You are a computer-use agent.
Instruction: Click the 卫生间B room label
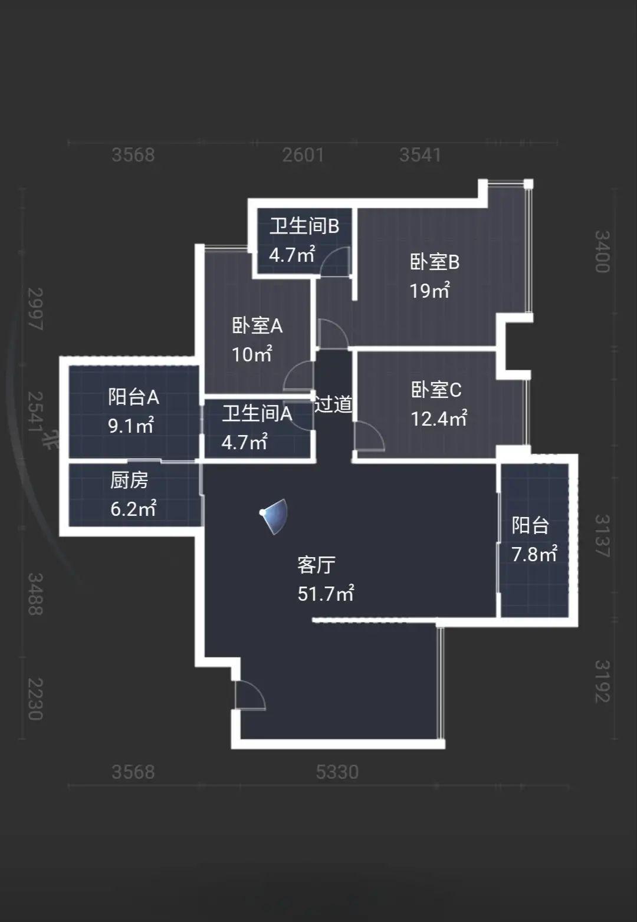coord(304,226)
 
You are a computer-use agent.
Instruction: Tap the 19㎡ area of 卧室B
coord(430,291)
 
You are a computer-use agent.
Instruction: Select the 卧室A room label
coord(257,325)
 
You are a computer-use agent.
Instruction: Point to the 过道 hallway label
coord(333,404)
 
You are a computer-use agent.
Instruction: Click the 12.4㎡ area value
coord(439,419)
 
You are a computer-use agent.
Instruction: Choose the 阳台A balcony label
coord(133,397)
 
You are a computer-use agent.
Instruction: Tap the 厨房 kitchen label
coord(129,480)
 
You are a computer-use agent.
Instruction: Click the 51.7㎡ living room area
coord(326,593)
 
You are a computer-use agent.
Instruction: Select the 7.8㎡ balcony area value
coord(534,554)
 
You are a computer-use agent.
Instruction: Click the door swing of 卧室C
coord(369,437)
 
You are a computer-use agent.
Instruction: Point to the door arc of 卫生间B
coord(335,262)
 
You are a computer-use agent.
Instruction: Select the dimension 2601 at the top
coord(303,154)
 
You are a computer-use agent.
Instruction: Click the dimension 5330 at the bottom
coord(337,772)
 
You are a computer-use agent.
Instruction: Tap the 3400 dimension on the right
coord(601,252)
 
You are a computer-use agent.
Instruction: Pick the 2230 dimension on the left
coord(35,699)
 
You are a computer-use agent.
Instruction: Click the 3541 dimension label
coord(420,154)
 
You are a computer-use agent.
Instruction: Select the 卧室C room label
coord(436,390)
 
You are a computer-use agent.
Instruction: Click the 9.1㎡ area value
coord(131,425)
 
